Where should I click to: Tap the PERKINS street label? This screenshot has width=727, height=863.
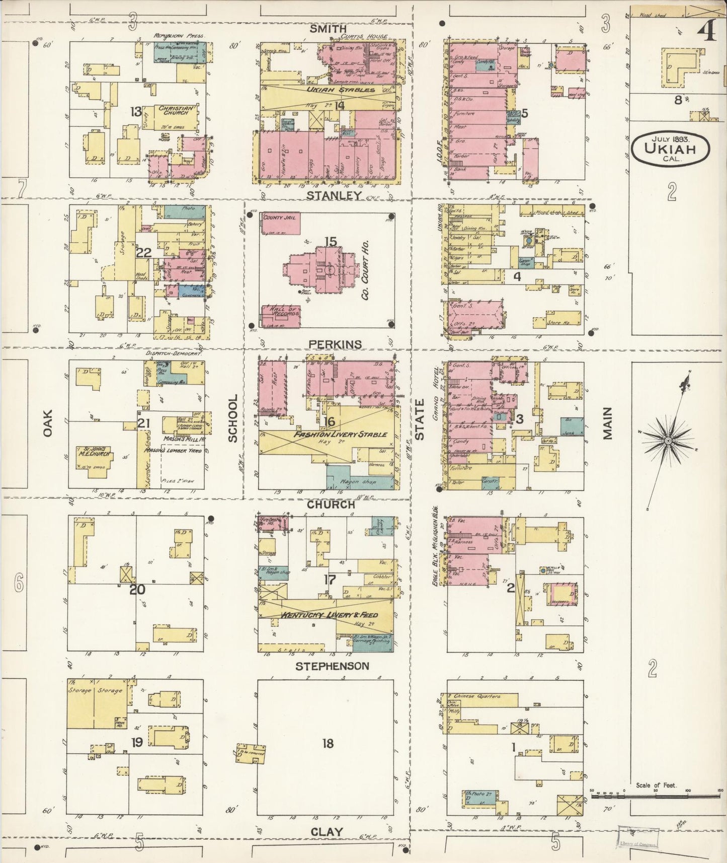[335, 344]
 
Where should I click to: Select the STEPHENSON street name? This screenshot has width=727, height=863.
[332, 666]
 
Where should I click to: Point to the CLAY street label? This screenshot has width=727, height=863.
[327, 832]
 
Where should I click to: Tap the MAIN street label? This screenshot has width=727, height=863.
[608, 423]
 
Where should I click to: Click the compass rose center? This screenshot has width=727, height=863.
[668, 441]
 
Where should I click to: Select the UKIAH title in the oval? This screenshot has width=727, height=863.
[671, 149]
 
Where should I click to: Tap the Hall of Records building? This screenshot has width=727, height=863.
[280, 316]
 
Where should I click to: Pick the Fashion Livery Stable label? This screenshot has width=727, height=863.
[340, 434]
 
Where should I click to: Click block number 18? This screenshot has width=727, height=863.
[328, 743]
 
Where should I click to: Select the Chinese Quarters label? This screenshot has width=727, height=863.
[477, 696]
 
